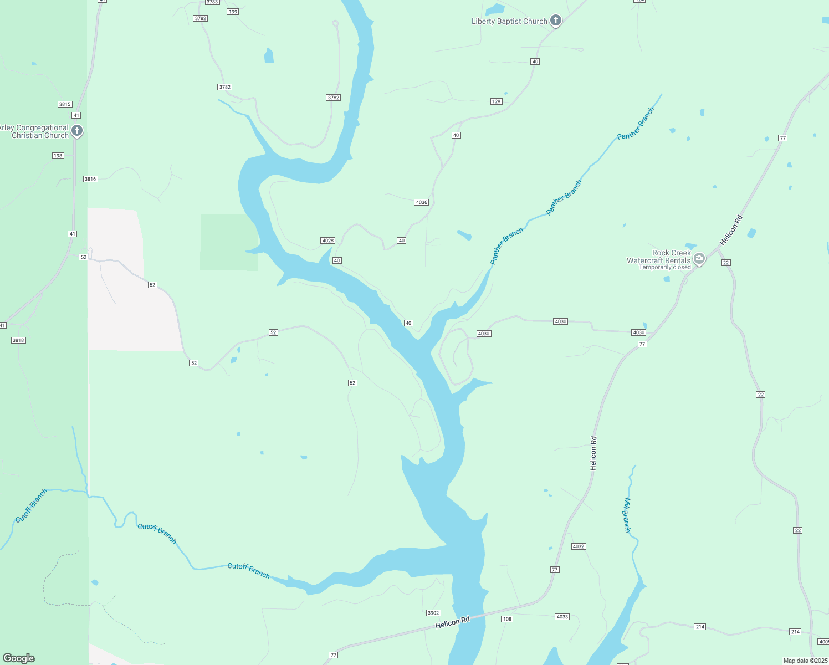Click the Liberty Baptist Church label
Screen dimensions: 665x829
click(509, 22)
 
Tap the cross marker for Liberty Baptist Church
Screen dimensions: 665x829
click(556, 21)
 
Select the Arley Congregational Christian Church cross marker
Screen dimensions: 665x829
click(77, 131)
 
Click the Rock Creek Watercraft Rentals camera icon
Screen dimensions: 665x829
click(699, 258)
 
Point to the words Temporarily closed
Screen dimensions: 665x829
click(664, 267)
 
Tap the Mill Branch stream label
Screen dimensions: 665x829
click(627, 515)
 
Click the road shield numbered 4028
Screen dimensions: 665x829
click(327, 241)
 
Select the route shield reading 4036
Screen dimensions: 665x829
click(421, 202)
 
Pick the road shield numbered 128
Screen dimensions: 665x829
click(496, 101)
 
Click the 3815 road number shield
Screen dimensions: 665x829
click(65, 104)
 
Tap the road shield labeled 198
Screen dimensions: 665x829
click(58, 156)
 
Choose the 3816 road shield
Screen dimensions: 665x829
click(90, 179)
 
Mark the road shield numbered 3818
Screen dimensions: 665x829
click(18, 340)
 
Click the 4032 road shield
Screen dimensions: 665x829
click(579, 546)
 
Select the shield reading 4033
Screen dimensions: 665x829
click(562, 617)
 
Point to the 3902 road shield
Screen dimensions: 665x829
click(433, 613)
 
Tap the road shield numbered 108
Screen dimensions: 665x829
click(507, 619)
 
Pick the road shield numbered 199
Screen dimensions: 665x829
click(233, 12)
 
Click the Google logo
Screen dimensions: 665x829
click(19, 658)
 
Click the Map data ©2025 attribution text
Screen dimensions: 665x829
click(805, 661)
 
